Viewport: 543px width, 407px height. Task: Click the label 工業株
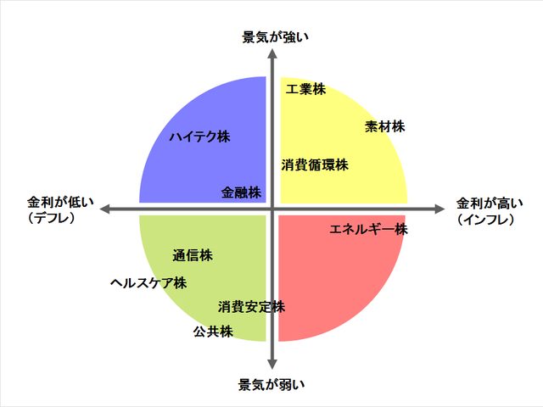pyautogui.click(x=305, y=89)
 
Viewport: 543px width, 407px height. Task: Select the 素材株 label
pyautogui.click(x=385, y=127)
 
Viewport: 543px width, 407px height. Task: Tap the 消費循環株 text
pyautogui.click(x=315, y=165)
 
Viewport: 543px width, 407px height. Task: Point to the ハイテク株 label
pyautogui.click(x=199, y=137)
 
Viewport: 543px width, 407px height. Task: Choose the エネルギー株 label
pyautogui.click(x=369, y=229)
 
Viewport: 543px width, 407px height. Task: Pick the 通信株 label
pyautogui.click(x=193, y=255)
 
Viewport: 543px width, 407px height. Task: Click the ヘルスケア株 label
pyautogui.click(x=148, y=283)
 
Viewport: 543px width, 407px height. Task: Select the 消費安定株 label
pyautogui.click(x=251, y=306)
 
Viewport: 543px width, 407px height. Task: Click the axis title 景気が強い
pyautogui.click(x=271, y=36)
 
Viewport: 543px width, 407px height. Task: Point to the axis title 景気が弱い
pyautogui.click(x=271, y=385)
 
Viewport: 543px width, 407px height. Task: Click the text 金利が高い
pyautogui.click(x=491, y=203)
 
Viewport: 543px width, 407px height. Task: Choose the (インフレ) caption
pyautogui.click(x=491, y=219)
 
